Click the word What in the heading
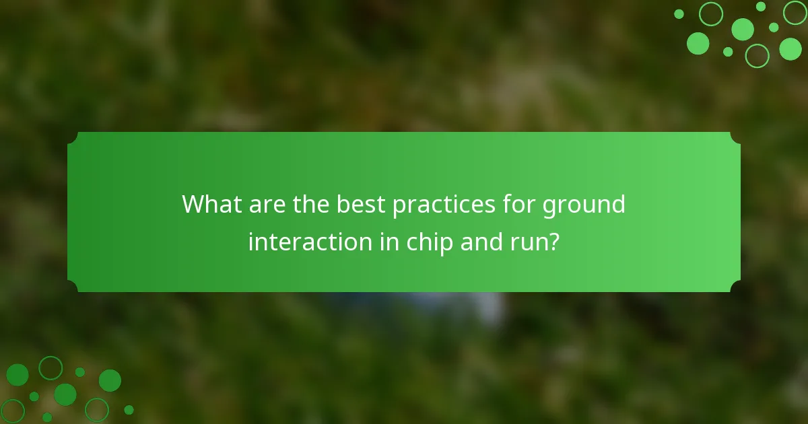coord(210,204)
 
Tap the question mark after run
coord(553,242)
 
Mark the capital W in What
coord(196,204)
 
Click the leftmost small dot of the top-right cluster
coord(679,14)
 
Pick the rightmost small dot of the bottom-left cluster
coord(129,409)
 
